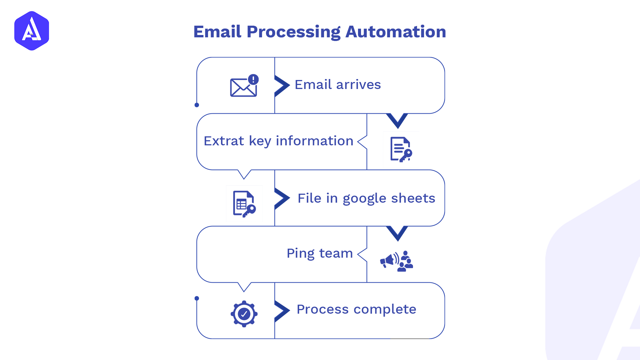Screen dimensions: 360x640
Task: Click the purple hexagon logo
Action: tap(32, 31)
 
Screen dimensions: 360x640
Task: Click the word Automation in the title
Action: tap(396, 32)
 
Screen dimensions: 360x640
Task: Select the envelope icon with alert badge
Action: tap(244, 87)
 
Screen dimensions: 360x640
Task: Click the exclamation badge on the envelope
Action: tap(253, 79)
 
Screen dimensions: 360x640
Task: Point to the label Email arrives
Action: tap(338, 85)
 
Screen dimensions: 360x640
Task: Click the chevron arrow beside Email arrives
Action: tap(282, 85)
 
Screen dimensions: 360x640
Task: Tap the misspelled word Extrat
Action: tap(224, 141)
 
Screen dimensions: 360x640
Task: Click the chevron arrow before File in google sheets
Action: tap(282, 198)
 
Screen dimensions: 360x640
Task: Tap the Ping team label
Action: tap(320, 253)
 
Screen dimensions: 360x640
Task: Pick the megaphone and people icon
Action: tap(397, 261)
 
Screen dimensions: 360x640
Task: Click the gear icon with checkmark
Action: tap(244, 314)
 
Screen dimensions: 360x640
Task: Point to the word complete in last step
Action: tap(385, 310)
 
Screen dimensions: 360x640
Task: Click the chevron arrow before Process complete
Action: tap(282, 311)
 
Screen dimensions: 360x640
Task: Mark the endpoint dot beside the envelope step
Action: tap(197, 105)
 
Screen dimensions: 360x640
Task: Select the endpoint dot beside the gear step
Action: tap(197, 298)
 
